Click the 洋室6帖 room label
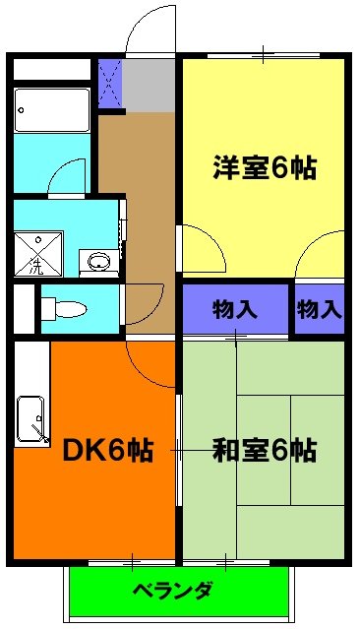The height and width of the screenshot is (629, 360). (x=264, y=167)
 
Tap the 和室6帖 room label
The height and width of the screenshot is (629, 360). (x=264, y=451)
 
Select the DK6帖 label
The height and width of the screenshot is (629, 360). (x=107, y=451)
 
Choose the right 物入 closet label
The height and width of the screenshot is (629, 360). (x=319, y=309)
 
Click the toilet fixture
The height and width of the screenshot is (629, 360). (x=65, y=308)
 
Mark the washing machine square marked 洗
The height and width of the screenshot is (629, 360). (x=37, y=253)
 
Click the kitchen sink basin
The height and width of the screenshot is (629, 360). (x=31, y=421)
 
